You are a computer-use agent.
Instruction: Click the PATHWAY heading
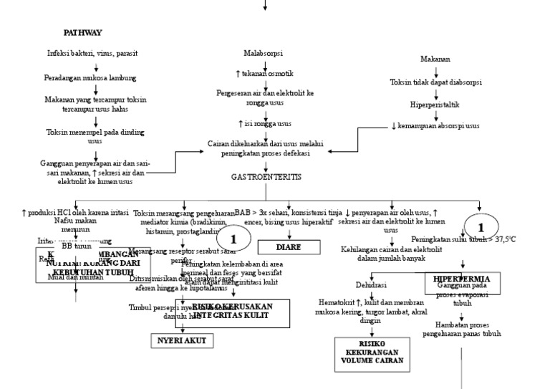[x=82, y=33]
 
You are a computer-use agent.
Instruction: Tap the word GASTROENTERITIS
[x=266, y=176]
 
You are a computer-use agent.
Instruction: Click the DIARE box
[x=289, y=247]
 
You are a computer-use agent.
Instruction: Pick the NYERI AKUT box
[x=182, y=341]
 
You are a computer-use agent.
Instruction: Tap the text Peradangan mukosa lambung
[x=96, y=77]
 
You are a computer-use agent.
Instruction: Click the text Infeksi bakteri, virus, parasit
[x=92, y=54]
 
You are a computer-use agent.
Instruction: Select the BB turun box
[x=77, y=246]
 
